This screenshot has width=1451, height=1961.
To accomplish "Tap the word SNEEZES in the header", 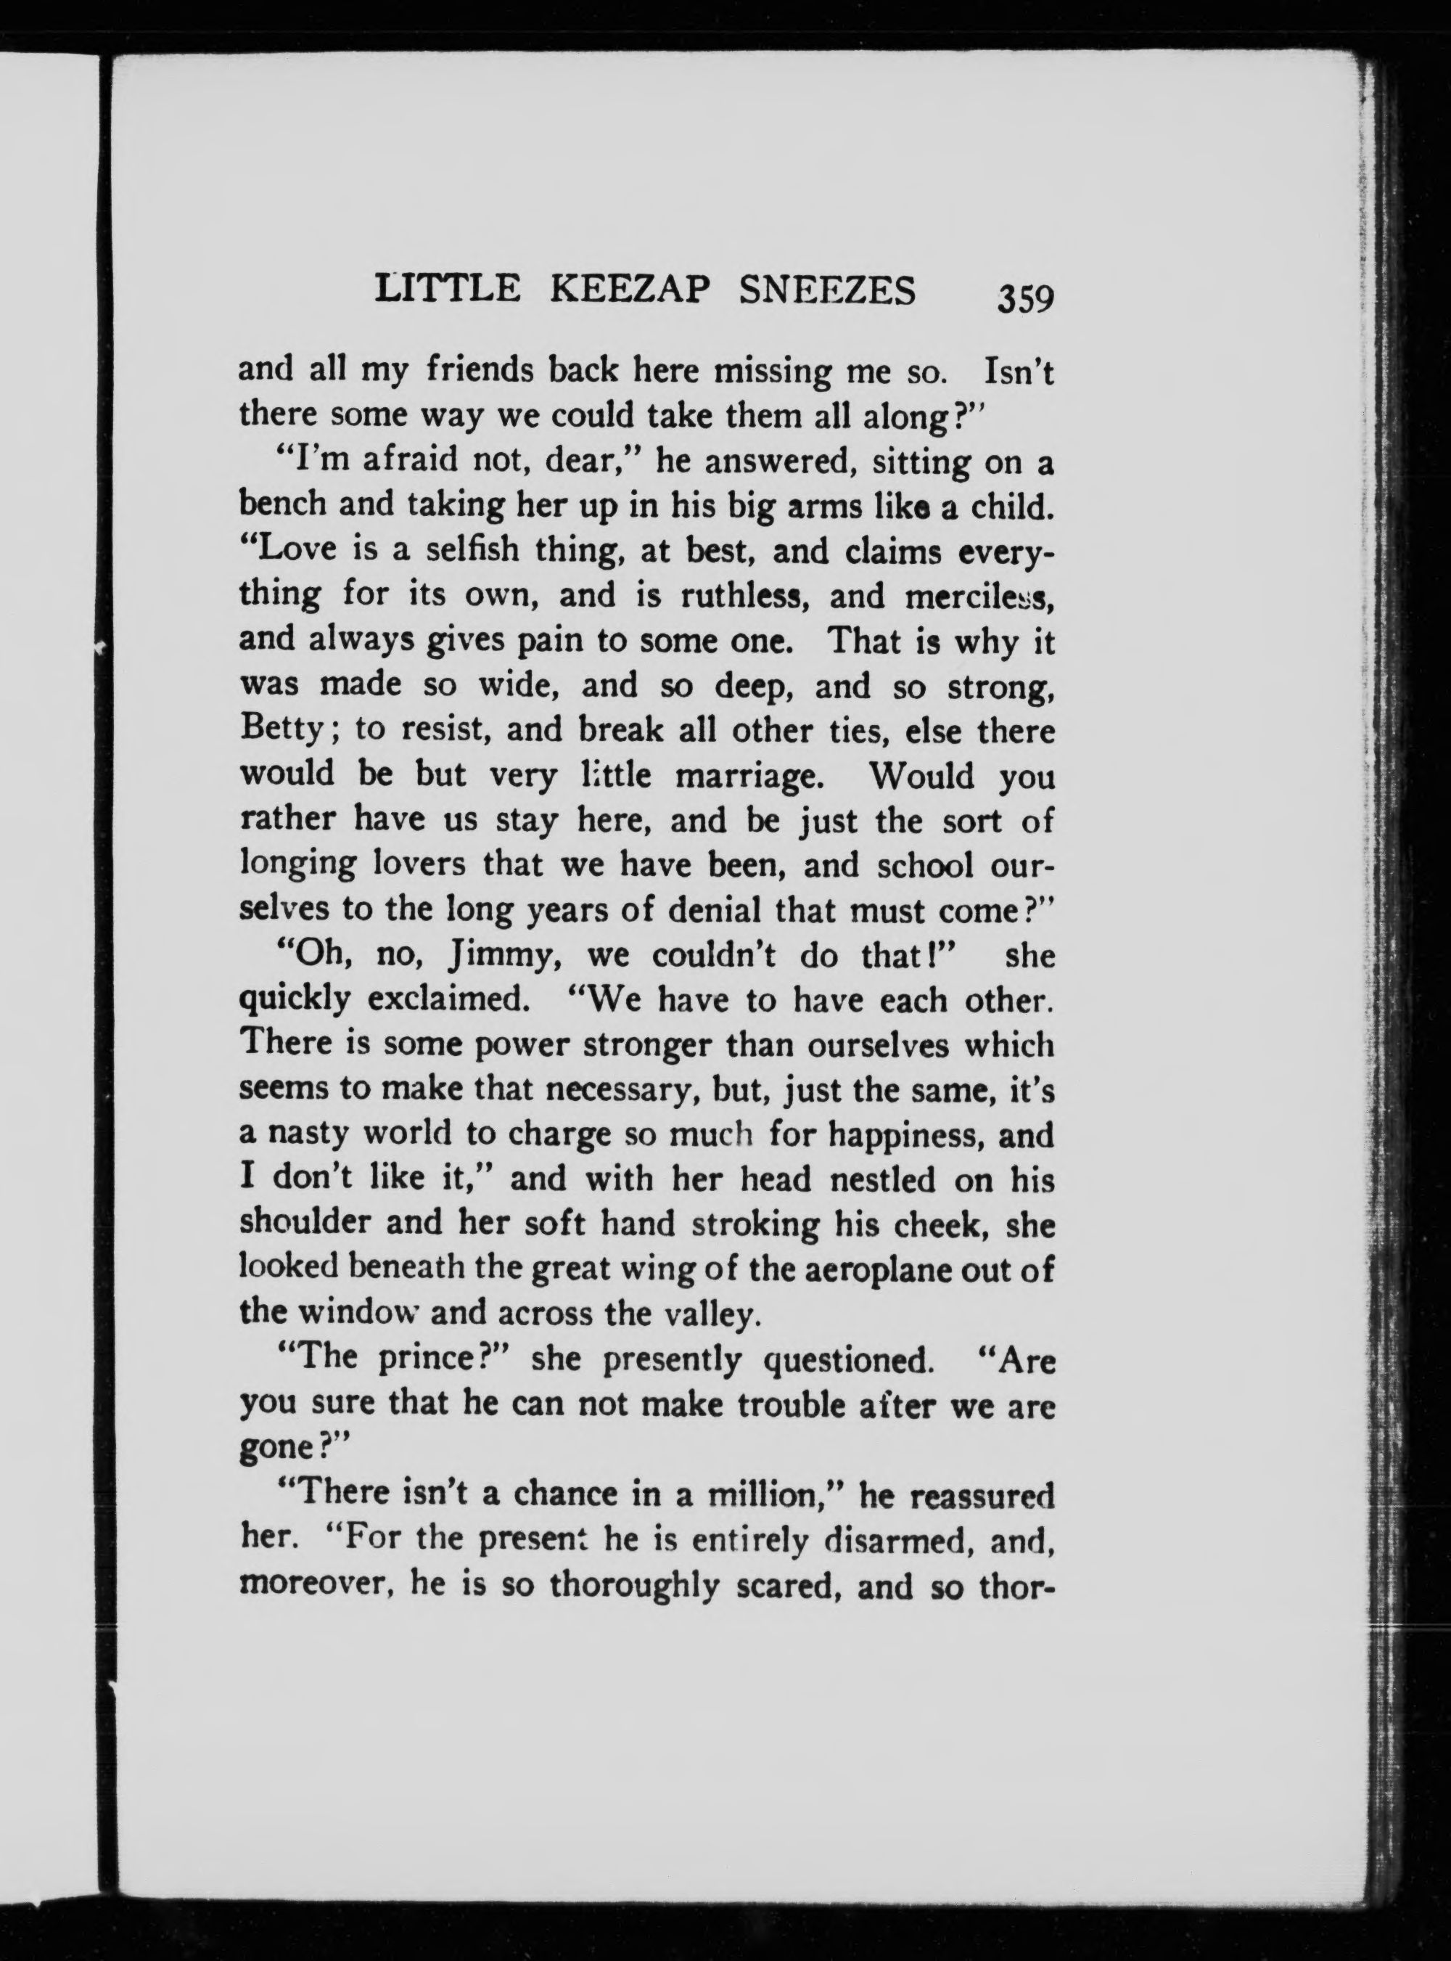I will click(x=827, y=290).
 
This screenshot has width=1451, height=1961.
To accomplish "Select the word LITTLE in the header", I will click(x=447, y=290).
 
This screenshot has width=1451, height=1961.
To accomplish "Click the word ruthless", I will click(x=745, y=597).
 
